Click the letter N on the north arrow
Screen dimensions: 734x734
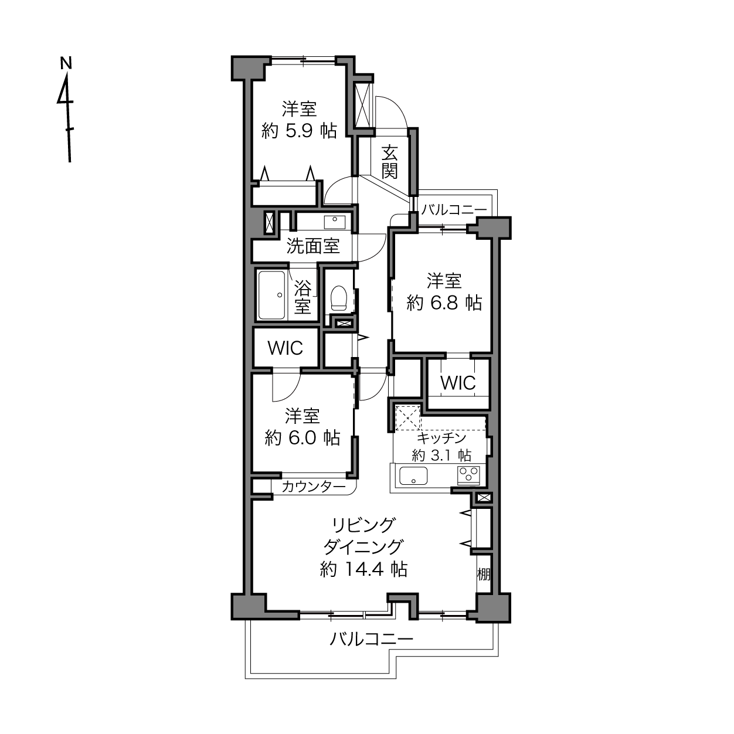tap(66, 63)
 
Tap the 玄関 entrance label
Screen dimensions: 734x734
tap(390, 161)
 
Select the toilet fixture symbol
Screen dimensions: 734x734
tap(339, 298)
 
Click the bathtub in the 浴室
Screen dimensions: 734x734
tap(271, 295)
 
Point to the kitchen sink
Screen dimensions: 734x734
tap(413, 475)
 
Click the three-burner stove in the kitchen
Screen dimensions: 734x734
tap(468, 475)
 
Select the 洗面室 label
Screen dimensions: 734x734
tap(313, 246)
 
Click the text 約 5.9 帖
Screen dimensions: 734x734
tap(300, 131)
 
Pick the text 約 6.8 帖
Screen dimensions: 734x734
tap(444, 303)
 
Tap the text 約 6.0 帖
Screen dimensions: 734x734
tap(303, 438)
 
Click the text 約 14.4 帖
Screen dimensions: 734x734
tap(363, 569)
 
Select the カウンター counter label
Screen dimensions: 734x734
tap(314, 487)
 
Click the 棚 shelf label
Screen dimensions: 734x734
tap(483, 574)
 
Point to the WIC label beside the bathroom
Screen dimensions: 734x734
tap(286, 348)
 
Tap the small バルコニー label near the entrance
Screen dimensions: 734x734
tap(454, 210)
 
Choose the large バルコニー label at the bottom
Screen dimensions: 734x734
tap(371, 639)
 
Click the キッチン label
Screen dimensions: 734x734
tap(441, 438)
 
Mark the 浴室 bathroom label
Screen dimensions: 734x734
tap(303, 297)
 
